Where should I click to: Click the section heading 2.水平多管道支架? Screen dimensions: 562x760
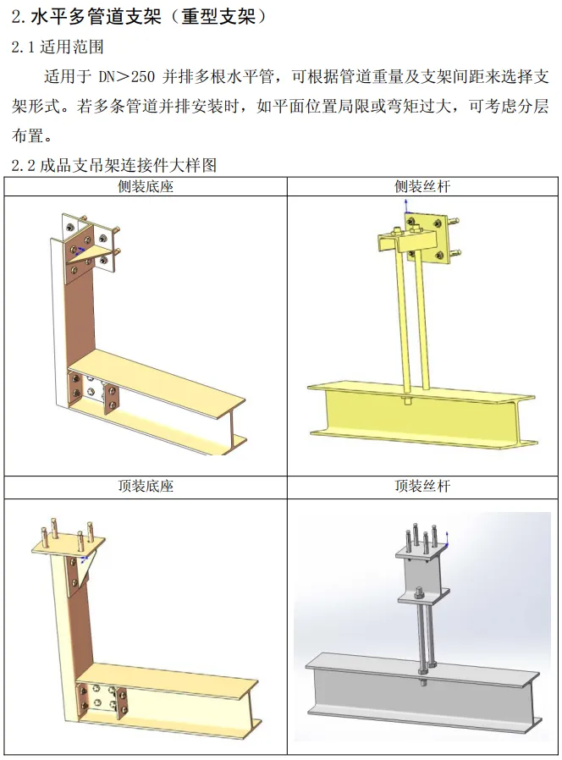click(x=86, y=18)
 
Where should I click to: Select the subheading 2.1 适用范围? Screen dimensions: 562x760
click(x=58, y=47)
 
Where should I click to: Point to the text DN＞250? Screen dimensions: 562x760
click(x=127, y=76)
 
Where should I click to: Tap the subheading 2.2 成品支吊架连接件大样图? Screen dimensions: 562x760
click(x=114, y=165)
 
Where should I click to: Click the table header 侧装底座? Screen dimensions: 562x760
click(x=146, y=186)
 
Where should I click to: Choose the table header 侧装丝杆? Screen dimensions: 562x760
click(x=422, y=186)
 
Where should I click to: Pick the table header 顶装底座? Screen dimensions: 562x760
click(x=146, y=486)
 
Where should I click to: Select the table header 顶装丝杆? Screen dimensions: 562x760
click(x=422, y=486)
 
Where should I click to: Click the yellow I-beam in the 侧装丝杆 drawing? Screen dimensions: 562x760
click(x=421, y=415)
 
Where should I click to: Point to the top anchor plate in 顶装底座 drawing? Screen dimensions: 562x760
click(x=68, y=547)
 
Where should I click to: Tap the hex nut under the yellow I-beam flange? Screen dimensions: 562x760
click(x=407, y=401)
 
